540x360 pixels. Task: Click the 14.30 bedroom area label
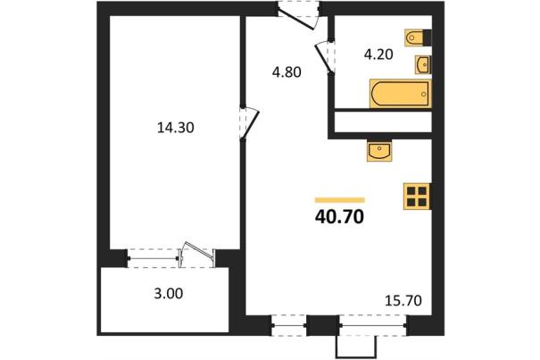[x=176, y=128]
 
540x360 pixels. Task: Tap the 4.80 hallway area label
[x=287, y=72]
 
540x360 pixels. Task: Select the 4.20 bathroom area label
[x=378, y=54]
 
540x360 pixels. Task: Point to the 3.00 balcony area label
[x=169, y=294]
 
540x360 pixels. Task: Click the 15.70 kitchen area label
[x=403, y=301]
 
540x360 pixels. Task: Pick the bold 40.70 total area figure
[x=339, y=217]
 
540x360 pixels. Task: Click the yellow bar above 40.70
[x=339, y=200]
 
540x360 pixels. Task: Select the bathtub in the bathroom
[x=400, y=94]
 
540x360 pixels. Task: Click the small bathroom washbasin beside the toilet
[x=422, y=64]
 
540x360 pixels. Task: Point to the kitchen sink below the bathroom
[x=379, y=151]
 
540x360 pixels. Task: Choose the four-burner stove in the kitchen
[x=417, y=197]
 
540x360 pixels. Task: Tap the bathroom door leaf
[x=323, y=57]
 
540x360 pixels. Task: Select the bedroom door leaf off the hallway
[x=250, y=124]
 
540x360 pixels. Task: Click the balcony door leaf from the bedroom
[x=198, y=251]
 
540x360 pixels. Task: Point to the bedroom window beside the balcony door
[x=153, y=258]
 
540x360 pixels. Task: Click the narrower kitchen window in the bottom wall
[x=289, y=325]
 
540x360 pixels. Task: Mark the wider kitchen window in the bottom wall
[x=373, y=325]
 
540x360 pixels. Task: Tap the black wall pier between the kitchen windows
[x=323, y=325]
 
